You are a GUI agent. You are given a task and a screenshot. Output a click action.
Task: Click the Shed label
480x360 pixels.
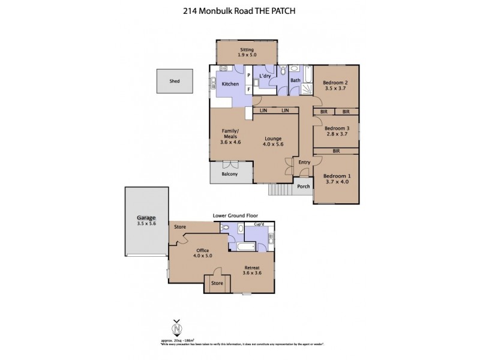(x=174, y=80)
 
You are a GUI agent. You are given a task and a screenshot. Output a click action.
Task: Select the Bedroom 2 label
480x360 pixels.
(x=336, y=82)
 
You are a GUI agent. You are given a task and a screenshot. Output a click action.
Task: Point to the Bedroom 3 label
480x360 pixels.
(x=336, y=128)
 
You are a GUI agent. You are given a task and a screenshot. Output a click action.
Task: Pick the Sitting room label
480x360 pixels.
(x=247, y=49)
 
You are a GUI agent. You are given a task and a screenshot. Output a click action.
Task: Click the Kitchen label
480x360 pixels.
(x=230, y=84)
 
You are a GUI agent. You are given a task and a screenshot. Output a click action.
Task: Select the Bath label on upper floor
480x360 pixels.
(x=295, y=80)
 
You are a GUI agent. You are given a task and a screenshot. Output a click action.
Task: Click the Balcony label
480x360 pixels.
(x=229, y=174)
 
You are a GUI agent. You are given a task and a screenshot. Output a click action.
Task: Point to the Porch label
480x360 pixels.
(x=304, y=186)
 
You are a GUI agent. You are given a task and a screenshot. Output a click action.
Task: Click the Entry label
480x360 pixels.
(x=304, y=162)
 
